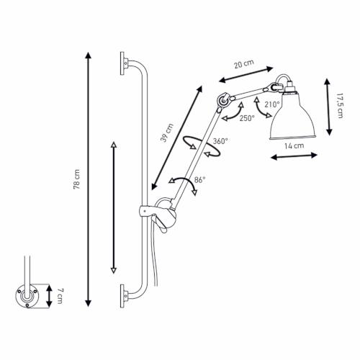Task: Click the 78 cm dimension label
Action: (x=77, y=179)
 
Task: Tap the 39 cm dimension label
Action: (x=166, y=132)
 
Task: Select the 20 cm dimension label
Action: (x=244, y=64)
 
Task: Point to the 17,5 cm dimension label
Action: (x=339, y=106)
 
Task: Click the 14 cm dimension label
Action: (x=294, y=145)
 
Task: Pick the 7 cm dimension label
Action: (x=60, y=296)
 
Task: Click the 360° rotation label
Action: (x=220, y=141)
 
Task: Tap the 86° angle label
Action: (x=199, y=180)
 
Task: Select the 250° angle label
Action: (x=247, y=118)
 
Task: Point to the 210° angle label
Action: (x=272, y=104)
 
